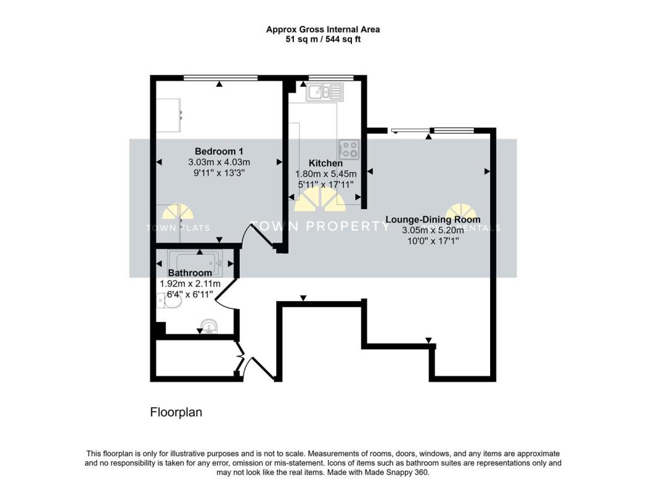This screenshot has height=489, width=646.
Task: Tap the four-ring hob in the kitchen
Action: pyautogui.click(x=348, y=149)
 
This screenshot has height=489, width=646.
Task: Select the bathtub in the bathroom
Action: pyautogui.click(x=194, y=263)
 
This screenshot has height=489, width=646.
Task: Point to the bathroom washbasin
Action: pyautogui.click(x=208, y=326)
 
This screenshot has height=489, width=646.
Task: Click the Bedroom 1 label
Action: pyautogui.click(x=219, y=151)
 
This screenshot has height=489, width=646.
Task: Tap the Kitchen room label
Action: pyautogui.click(x=326, y=163)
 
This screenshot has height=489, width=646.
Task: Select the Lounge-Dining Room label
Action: pyautogui.click(x=433, y=220)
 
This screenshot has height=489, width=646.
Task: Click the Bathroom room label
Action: pyautogui.click(x=190, y=273)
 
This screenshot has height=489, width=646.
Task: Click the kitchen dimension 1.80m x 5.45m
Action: pyautogui.click(x=326, y=174)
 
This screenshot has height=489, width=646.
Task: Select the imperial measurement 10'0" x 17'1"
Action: pyautogui.click(x=433, y=241)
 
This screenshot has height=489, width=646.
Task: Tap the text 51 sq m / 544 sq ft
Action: pyautogui.click(x=322, y=39)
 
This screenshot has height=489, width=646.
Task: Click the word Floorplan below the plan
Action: pyautogui.click(x=175, y=413)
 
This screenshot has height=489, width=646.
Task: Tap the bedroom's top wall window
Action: pyautogui.click(x=220, y=78)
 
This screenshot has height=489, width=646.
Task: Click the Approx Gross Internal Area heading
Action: pyautogui.click(x=322, y=29)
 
